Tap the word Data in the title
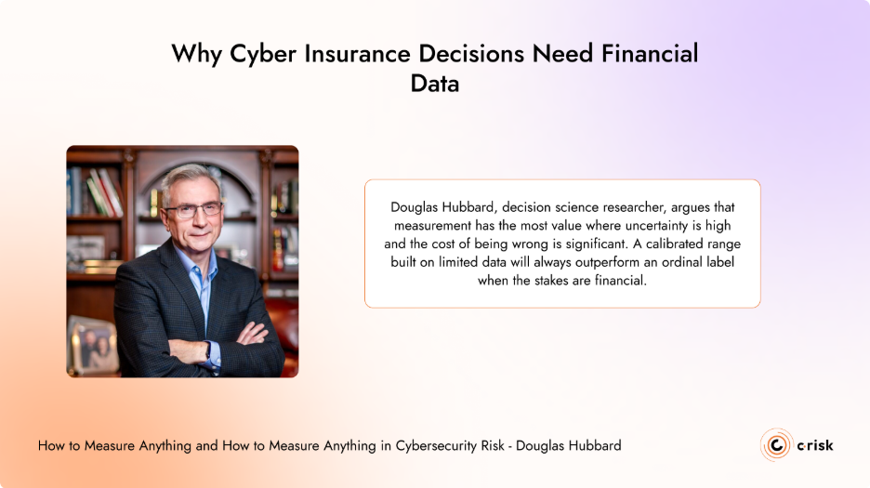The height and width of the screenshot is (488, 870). click(x=435, y=84)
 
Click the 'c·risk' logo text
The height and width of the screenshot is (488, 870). click(x=815, y=445)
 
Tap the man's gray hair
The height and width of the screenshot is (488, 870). click(x=186, y=177)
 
